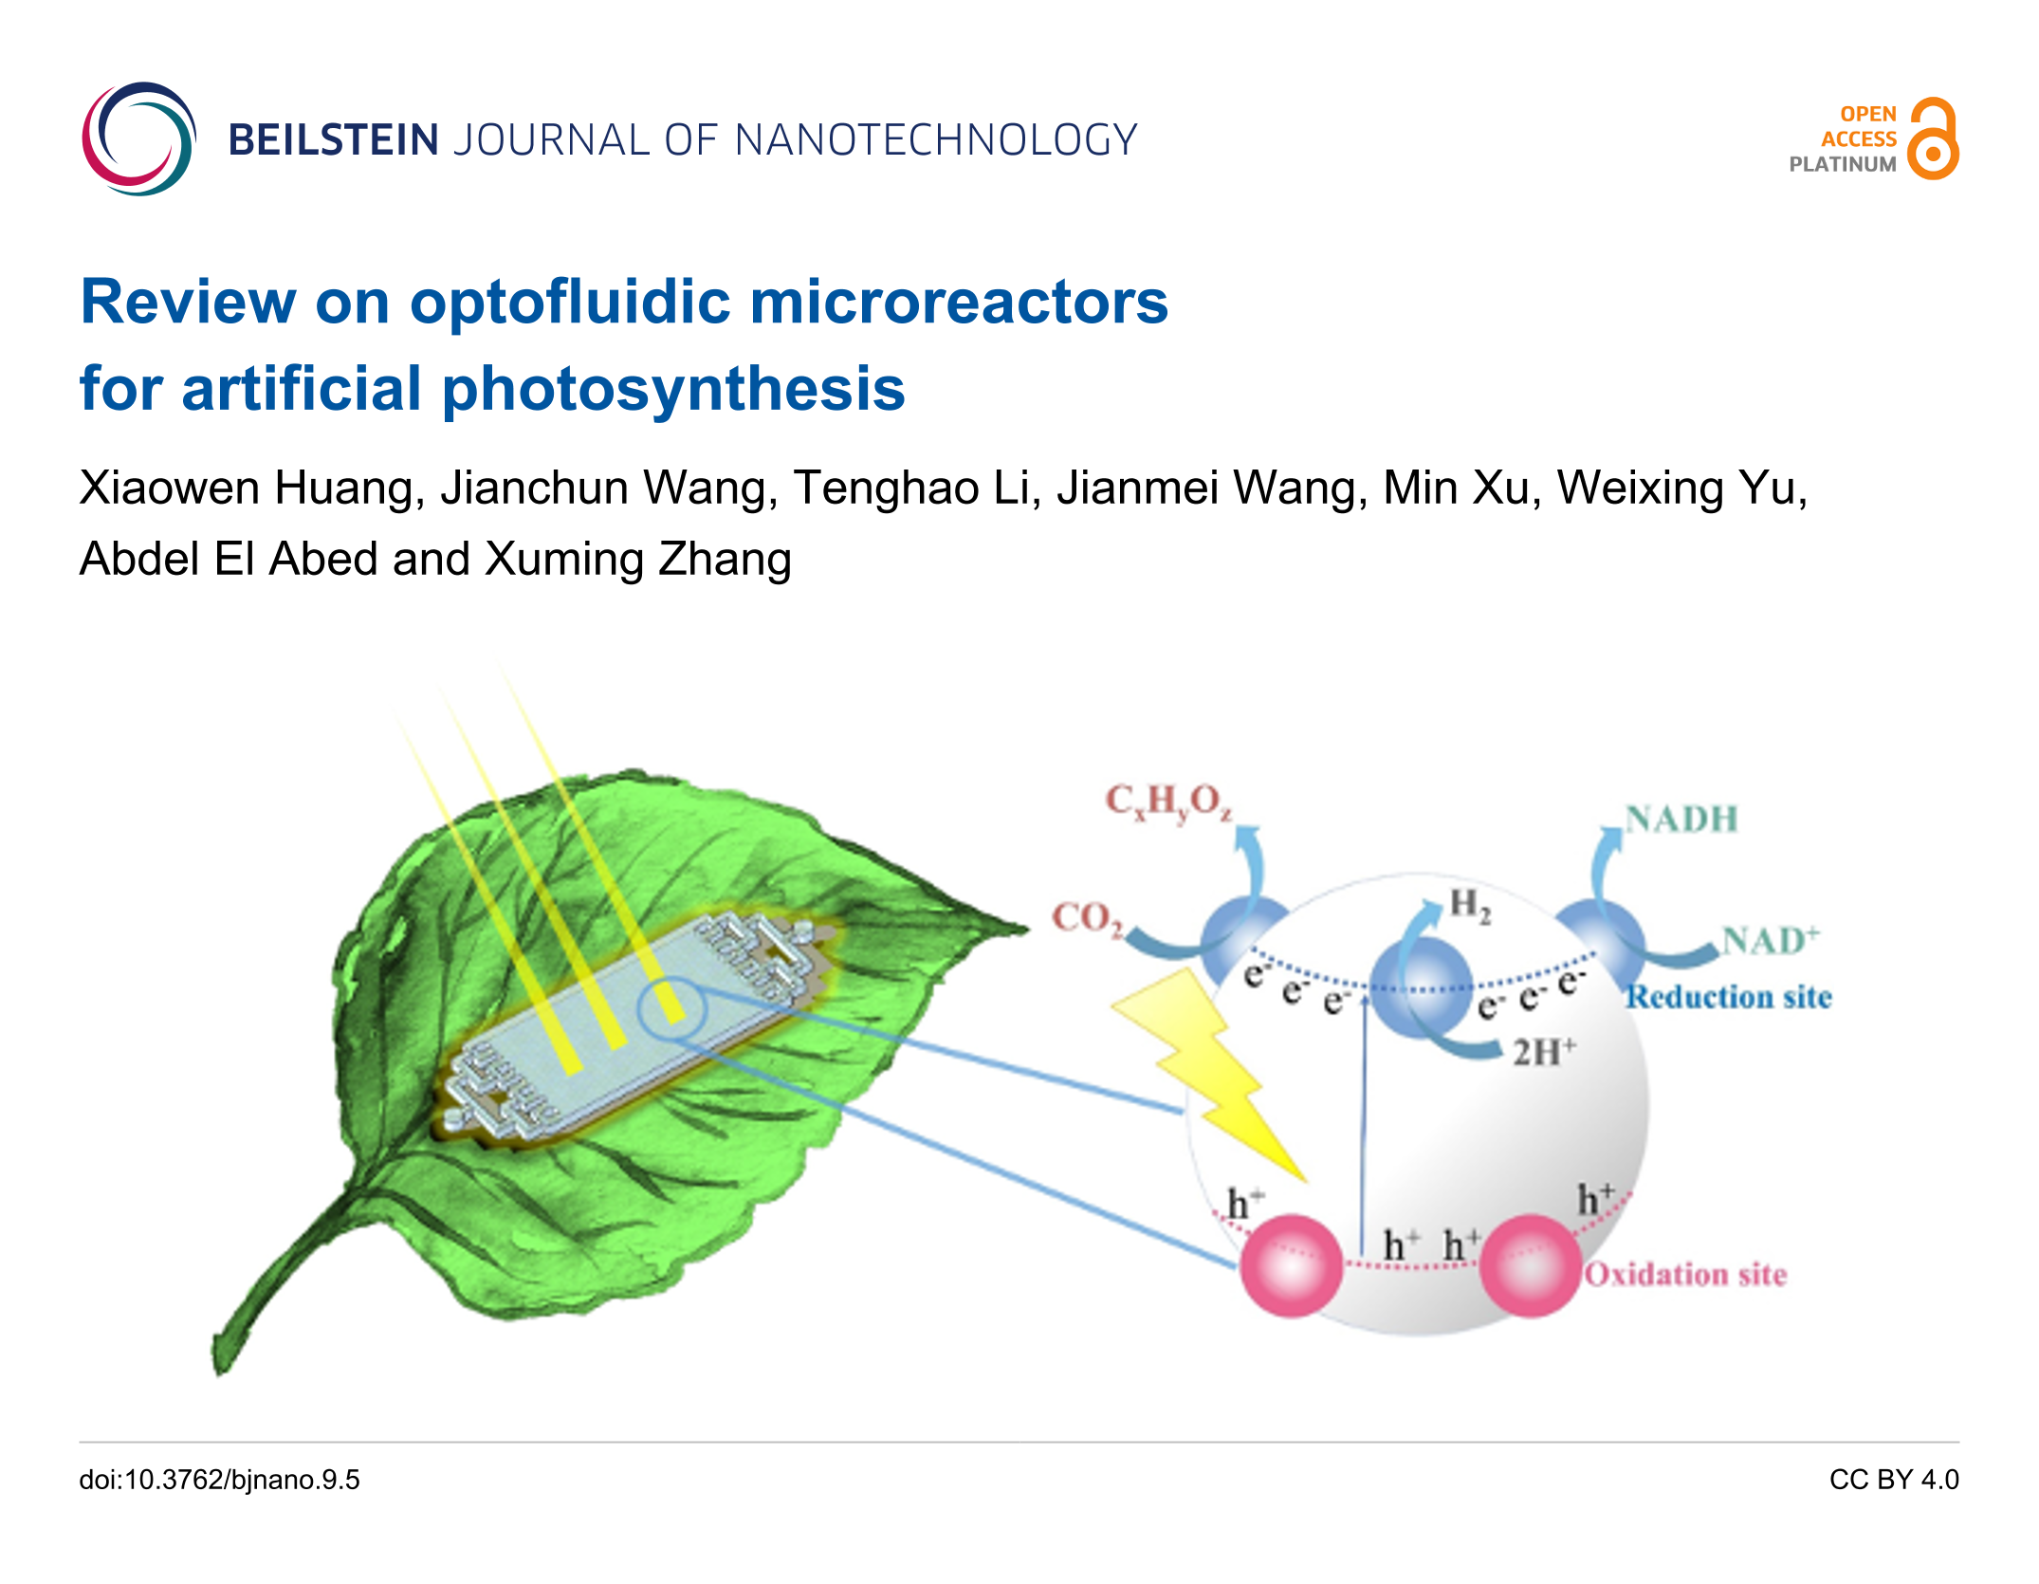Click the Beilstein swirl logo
click(138, 138)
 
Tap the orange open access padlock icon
click(1933, 139)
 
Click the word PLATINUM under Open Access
click(1842, 164)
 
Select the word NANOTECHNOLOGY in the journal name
click(936, 140)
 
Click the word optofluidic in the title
click(571, 303)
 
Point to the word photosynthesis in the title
click(673, 389)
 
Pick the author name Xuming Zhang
click(637, 559)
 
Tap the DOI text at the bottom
click(220, 1480)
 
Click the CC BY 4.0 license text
click(1893, 1480)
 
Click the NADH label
click(1681, 820)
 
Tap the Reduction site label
click(1729, 997)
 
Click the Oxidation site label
click(1685, 1274)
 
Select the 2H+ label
click(1544, 1052)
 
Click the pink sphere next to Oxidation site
click(1530, 1266)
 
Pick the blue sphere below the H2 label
click(1420, 986)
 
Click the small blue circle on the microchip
click(671, 1008)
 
